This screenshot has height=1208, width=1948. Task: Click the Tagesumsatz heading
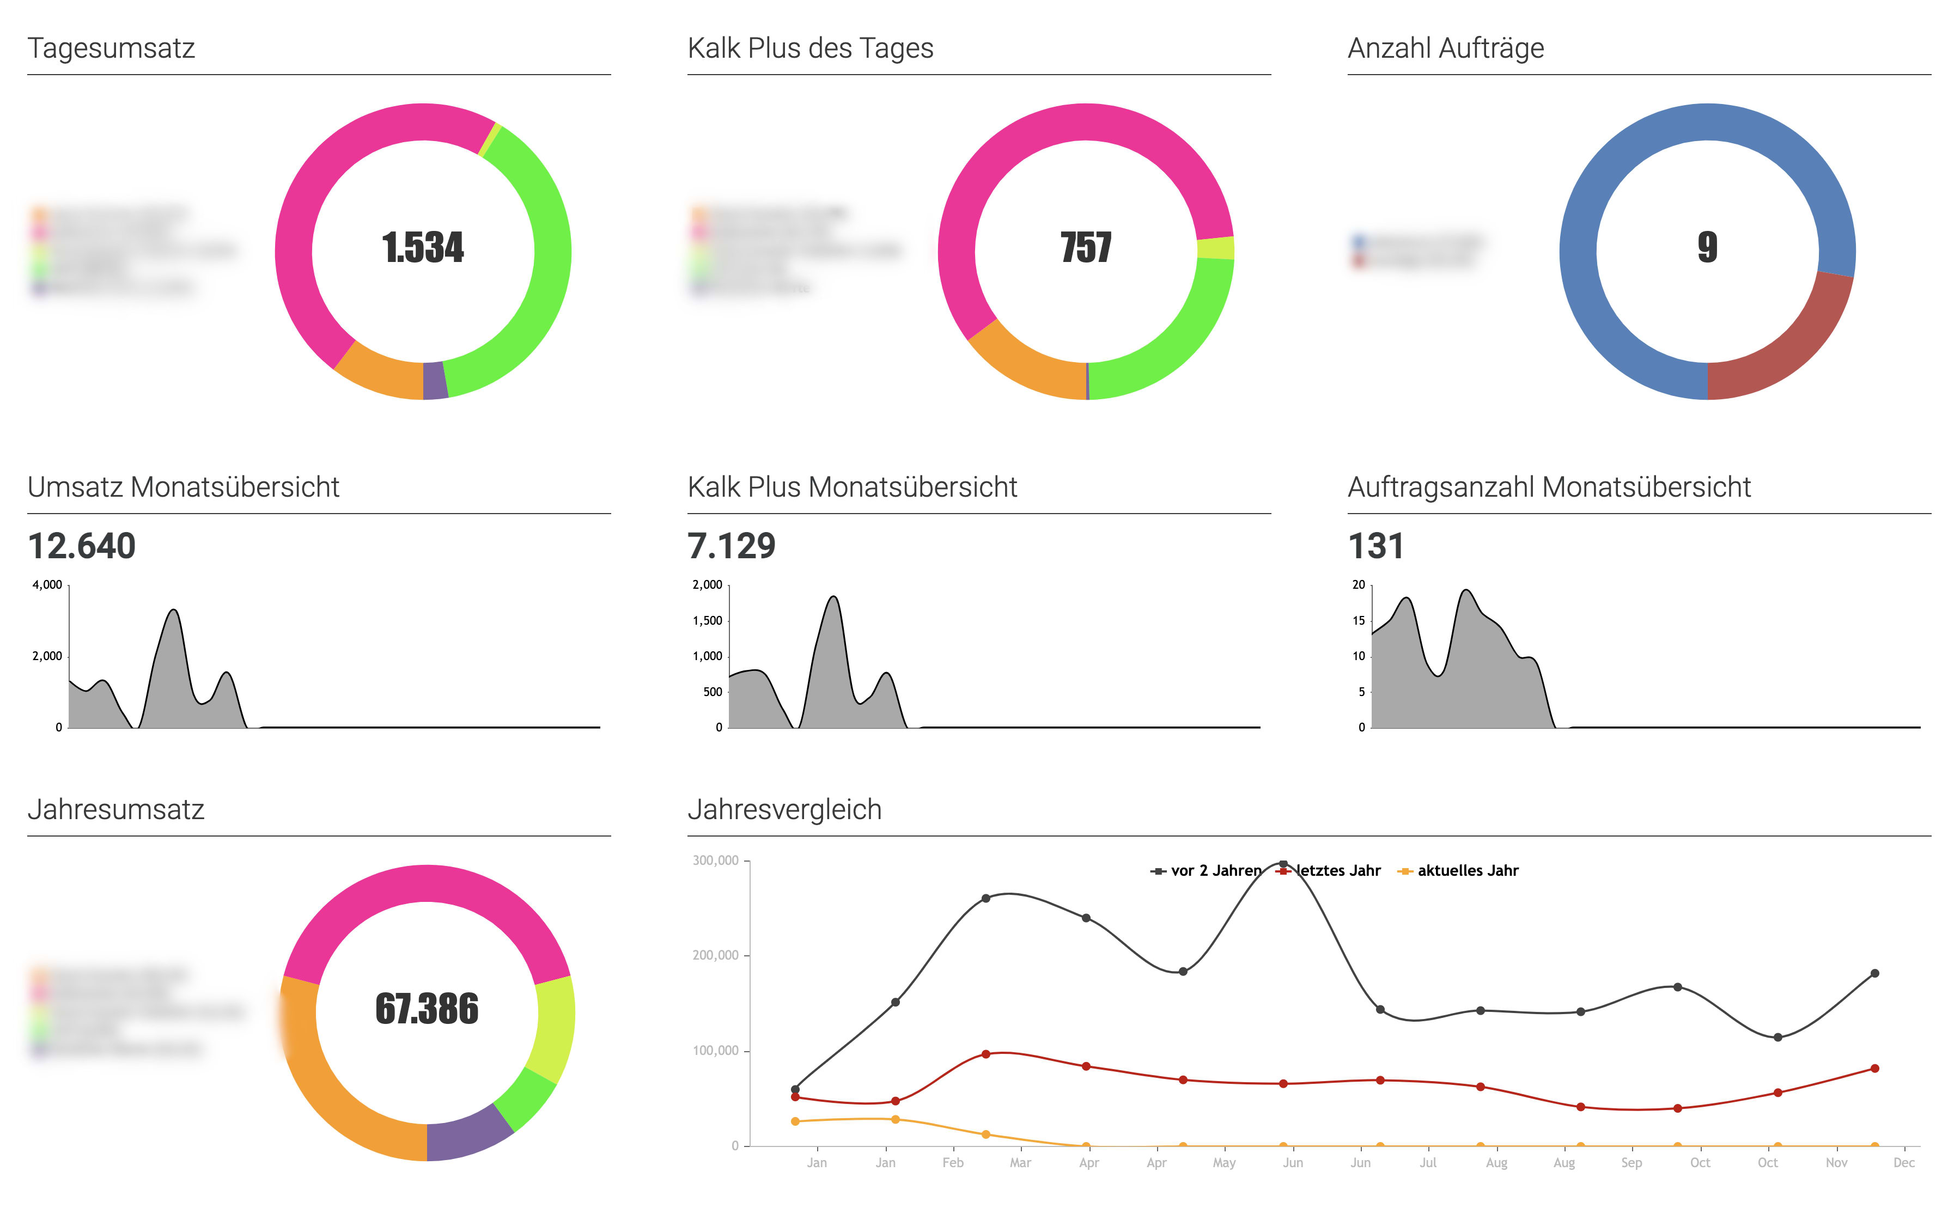[111, 48]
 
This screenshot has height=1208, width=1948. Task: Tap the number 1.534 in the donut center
[423, 248]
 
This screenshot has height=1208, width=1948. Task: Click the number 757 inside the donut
[1085, 248]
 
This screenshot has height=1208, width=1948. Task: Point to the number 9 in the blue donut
[1707, 248]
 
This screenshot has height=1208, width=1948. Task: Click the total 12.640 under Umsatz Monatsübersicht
[82, 546]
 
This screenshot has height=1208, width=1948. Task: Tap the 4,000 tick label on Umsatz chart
[47, 585]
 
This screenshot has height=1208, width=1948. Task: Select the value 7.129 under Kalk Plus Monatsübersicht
[731, 546]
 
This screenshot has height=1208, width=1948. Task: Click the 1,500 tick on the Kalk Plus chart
[707, 621]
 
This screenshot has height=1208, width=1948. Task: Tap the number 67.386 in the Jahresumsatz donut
[427, 1009]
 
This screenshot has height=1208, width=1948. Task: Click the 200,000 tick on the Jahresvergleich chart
[715, 955]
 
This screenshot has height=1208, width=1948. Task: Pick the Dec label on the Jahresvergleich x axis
[1903, 1162]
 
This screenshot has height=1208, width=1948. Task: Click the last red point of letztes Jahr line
[1874, 1068]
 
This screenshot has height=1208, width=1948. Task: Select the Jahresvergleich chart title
[784, 809]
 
